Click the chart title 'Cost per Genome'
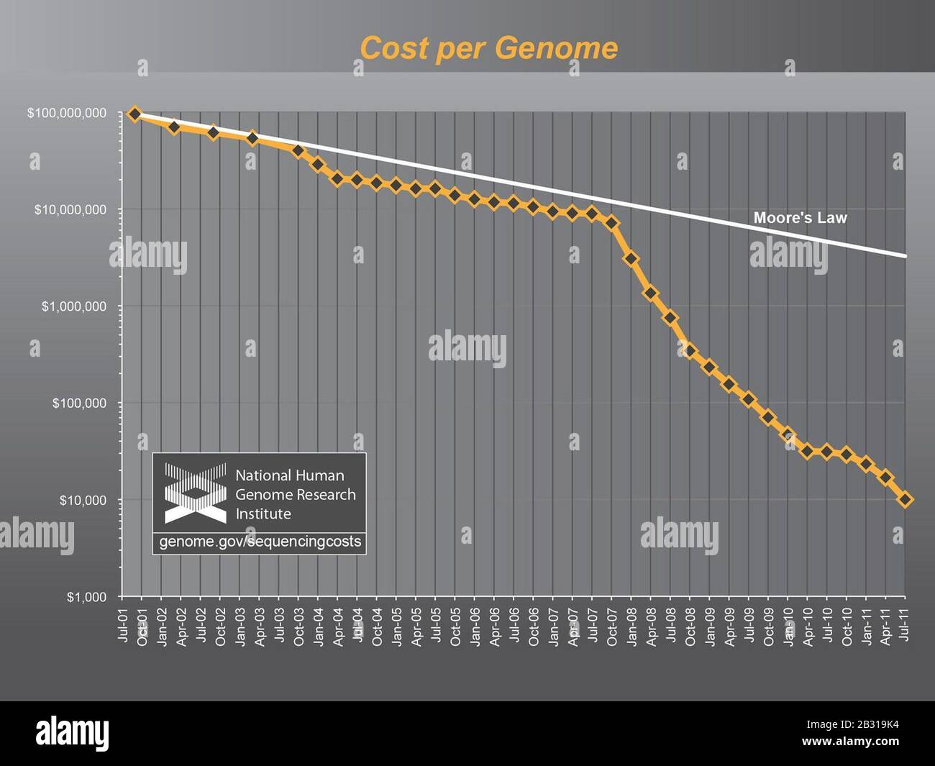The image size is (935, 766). tap(488, 48)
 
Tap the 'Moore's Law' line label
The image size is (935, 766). tap(800, 217)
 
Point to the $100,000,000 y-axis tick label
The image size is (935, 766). tap(66, 113)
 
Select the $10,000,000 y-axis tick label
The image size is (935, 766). tap(70, 209)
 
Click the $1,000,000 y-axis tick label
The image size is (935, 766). tap(73, 306)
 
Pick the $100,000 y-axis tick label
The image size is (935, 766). tap(79, 403)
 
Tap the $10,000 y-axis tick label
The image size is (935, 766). tap(83, 500)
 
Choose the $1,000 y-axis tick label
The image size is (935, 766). tap(86, 597)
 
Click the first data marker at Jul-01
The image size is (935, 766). tap(134, 114)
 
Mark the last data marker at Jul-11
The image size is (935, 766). tap(905, 499)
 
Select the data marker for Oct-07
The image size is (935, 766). tap(611, 223)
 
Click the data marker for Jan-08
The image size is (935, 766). tap(631, 259)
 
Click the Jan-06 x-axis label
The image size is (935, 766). tap(475, 624)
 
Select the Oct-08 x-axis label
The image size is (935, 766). tap(690, 624)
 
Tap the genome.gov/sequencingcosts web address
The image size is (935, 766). tap(260, 542)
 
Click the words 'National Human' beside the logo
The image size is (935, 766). tap(290, 475)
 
